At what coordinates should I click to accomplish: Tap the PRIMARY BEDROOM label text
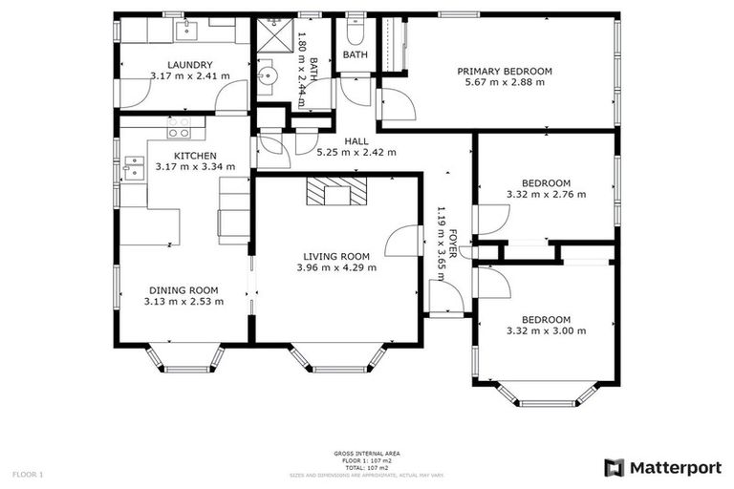pyautogui.click(x=505, y=72)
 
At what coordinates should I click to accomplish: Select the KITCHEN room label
pyautogui.click(x=195, y=156)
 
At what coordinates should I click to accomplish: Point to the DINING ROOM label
pyautogui.click(x=183, y=290)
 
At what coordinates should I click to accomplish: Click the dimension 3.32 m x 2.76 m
pyautogui.click(x=546, y=194)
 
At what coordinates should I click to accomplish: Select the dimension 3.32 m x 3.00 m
pyautogui.click(x=546, y=330)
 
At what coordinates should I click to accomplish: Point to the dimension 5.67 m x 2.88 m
pyautogui.click(x=505, y=83)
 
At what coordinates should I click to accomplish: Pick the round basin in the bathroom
pyautogui.click(x=268, y=72)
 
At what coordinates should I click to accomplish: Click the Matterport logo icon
pyautogui.click(x=615, y=467)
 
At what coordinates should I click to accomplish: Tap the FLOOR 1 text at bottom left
pyautogui.click(x=27, y=474)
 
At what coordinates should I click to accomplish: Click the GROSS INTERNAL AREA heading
pyautogui.click(x=367, y=453)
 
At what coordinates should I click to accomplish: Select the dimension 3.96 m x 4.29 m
pyautogui.click(x=336, y=267)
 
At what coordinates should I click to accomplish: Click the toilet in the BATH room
pyautogui.click(x=355, y=34)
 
